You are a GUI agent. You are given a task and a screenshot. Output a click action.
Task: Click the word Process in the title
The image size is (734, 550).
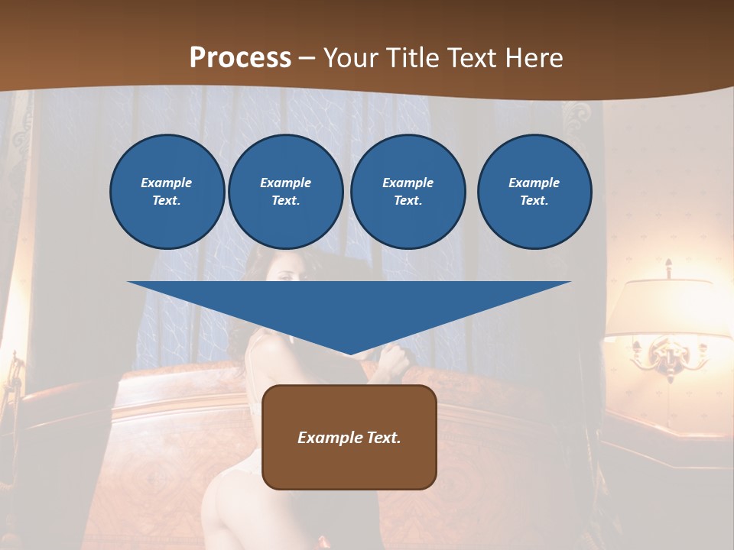tap(240, 58)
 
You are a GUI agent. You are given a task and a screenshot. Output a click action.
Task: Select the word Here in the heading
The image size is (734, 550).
tap(533, 58)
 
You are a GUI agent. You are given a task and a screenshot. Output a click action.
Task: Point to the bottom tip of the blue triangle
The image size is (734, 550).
tap(349, 354)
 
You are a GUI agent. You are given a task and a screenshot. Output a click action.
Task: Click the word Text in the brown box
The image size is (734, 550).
tap(383, 438)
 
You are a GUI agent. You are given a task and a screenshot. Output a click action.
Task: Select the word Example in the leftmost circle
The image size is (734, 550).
tap(167, 183)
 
